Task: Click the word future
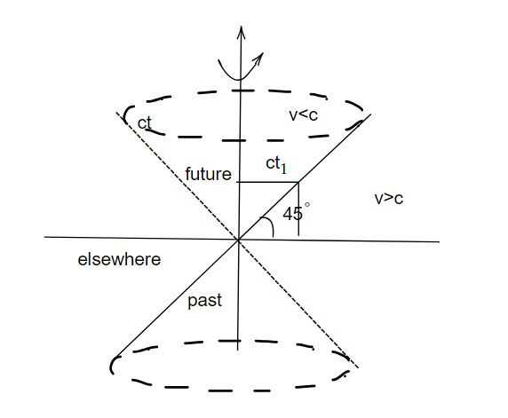tap(209, 174)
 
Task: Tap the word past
tap(205, 301)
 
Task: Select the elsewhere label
tap(119, 259)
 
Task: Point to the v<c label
tap(303, 115)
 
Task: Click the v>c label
tap(389, 198)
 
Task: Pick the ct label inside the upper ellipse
tap(144, 123)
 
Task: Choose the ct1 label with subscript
tap(276, 164)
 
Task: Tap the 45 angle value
tap(293, 214)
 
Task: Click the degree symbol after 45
tap(307, 205)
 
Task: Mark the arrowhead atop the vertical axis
tap(241, 32)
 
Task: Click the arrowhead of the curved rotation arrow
tap(258, 59)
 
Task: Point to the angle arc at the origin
tap(270, 225)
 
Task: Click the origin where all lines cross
tap(238, 240)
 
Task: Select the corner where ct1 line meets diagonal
tap(298, 183)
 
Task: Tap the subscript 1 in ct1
tap(283, 169)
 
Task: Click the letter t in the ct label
tap(148, 123)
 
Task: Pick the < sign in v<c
tap(303, 115)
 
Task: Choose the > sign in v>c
tap(389, 199)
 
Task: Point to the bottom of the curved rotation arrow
tap(239, 79)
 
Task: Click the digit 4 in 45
tap(288, 214)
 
